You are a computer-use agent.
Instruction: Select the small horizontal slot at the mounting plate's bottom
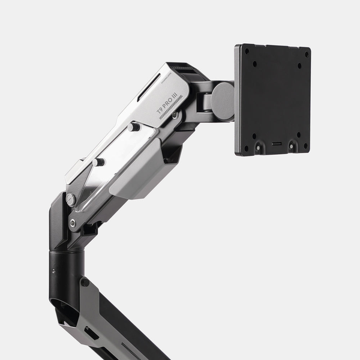tap(275, 145)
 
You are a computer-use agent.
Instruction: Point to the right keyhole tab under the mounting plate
tap(292, 145)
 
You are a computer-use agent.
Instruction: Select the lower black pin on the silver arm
tap(98, 161)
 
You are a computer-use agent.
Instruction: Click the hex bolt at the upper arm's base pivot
tap(73, 223)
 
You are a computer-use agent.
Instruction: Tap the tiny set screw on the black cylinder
tap(53, 271)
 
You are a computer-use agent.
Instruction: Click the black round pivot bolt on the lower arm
tap(85, 281)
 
